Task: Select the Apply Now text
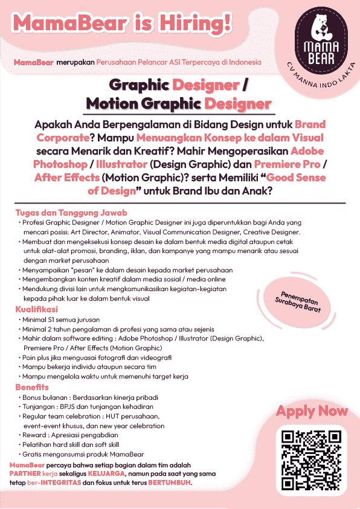tap(312, 411)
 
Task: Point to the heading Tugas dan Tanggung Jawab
tap(71, 213)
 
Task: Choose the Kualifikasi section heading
tap(36, 309)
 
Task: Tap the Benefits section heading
tap(32, 386)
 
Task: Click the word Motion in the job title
tap(114, 103)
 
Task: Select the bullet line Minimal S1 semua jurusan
tap(62, 319)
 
